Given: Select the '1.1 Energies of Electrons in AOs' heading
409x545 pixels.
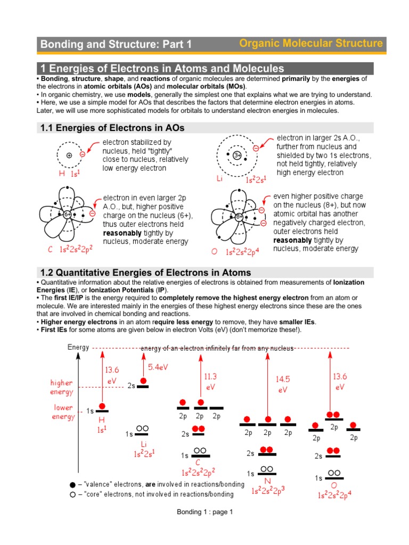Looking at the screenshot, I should click(x=113, y=128).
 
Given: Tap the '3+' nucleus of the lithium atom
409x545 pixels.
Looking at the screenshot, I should click(x=238, y=155).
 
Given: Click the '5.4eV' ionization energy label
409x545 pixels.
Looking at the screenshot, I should click(x=158, y=367).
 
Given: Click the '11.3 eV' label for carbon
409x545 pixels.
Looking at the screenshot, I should click(x=210, y=381).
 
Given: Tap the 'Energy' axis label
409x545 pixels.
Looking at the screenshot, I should click(x=78, y=348).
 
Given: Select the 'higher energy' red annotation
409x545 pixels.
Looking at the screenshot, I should click(x=62, y=387).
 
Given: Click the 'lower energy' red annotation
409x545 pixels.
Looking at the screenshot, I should click(x=63, y=412).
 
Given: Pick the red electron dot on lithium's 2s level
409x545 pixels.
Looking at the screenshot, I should click(x=143, y=381).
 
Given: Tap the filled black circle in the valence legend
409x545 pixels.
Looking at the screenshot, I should click(x=72, y=485).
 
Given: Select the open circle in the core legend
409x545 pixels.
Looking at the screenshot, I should click(x=72, y=494).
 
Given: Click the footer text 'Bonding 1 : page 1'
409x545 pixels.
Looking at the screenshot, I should click(x=205, y=512).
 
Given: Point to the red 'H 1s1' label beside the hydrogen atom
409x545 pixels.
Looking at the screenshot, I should click(x=69, y=174).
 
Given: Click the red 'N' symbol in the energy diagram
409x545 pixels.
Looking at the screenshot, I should click(x=268, y=481).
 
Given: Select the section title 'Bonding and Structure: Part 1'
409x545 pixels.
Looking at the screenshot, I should click(x=116, y=45).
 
